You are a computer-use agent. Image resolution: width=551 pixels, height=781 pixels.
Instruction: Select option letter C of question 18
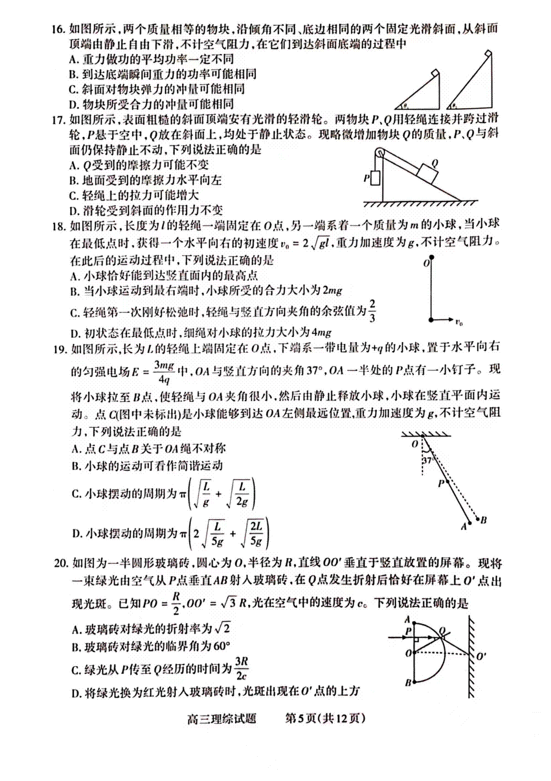tap(74, 314)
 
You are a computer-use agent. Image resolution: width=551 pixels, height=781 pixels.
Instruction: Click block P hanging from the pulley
tap(375, 178)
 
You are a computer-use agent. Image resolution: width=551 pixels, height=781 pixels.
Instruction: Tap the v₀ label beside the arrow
tap(459, 323)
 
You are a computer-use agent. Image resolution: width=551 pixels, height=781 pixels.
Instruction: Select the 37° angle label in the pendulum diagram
tap(427, 461)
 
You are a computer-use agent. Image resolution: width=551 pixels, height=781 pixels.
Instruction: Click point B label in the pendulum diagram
tap(484, 520)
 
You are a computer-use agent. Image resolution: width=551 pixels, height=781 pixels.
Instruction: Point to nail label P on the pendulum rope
tap(441, 483)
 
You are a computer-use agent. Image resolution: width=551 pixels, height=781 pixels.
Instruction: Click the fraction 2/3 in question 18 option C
tap(372, 311)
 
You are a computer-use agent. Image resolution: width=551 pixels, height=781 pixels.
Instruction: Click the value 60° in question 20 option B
tap(221, 646)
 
